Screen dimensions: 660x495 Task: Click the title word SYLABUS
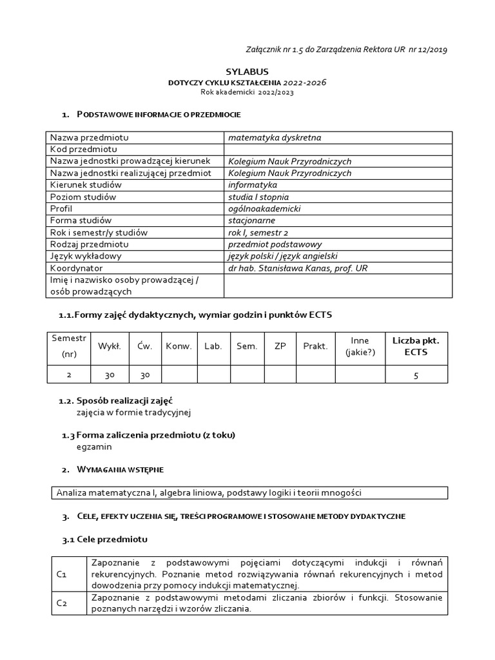click(247, 72)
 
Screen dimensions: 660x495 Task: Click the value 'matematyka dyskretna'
click(275, 137)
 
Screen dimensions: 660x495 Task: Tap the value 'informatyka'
click(253, 185)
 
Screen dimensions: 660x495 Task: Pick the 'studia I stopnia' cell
click(258, 197)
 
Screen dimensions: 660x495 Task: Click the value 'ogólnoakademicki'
click(264, 209)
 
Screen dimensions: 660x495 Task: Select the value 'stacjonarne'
click(252, 220)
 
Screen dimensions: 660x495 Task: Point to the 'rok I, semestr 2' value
click(262, 232)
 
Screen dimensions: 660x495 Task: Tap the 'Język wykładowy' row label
click(86, 256)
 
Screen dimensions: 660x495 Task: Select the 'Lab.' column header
click(213, 346)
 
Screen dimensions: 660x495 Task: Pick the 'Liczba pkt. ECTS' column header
click(415, 346)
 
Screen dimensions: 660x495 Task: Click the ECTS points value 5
click(416, 375)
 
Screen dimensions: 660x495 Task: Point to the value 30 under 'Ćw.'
click(144, 375)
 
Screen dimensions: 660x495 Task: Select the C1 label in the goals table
click(63, 573)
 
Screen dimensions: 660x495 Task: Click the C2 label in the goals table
click(63, 603)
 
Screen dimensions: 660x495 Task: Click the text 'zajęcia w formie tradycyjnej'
click(134, 412)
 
